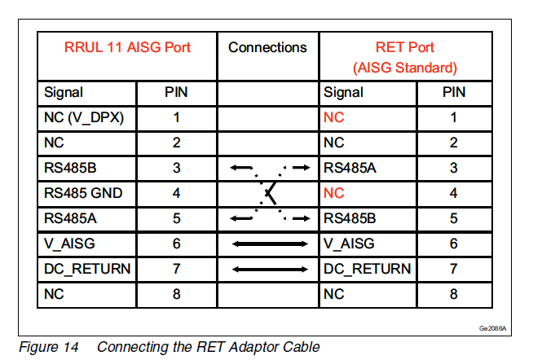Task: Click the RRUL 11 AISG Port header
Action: tap(127, 47)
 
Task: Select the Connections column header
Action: tap(267, 47)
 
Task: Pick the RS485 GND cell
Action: tap(81, 193)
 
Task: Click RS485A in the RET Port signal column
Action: tap(350, 168)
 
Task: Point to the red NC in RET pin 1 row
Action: tap(334, 117)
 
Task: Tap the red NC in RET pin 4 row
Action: tap(334, 193)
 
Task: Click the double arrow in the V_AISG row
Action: tap(267, 244)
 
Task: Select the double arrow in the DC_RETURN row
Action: tap(267, 269)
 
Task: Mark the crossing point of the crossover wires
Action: tap(268, 193)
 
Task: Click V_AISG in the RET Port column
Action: tap(348, 244)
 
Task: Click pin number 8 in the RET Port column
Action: tap(454, 294)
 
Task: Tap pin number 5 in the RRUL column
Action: tap(176, 218)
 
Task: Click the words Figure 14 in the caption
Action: tap(48, 347)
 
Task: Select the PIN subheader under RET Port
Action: tap(454, 92)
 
